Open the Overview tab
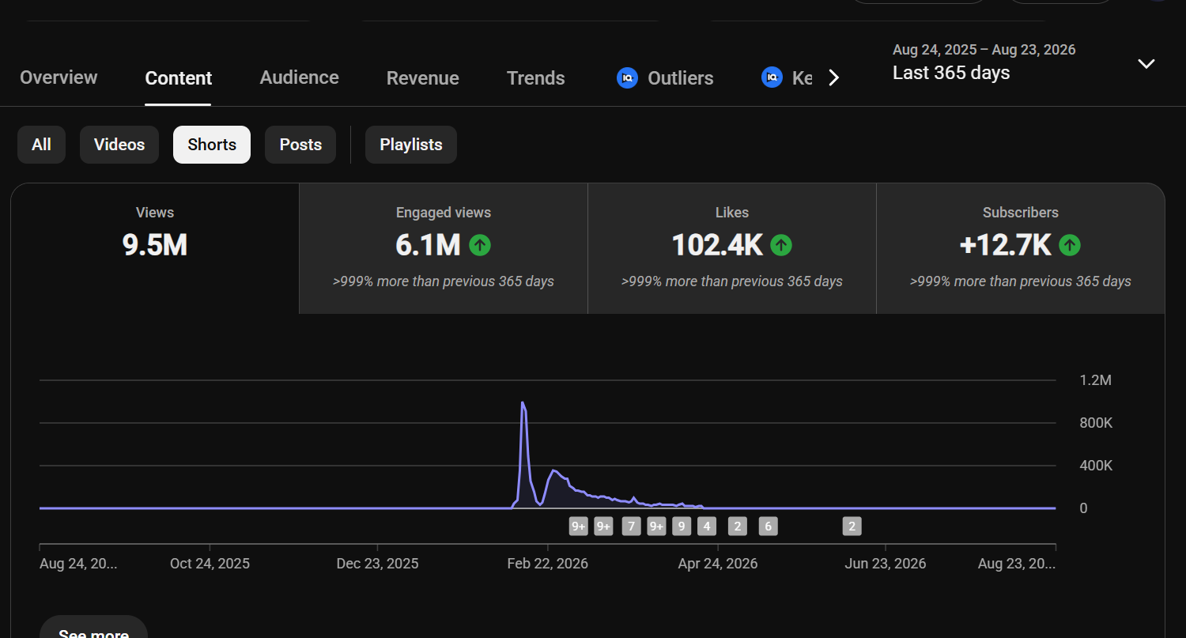59,77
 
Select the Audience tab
299,77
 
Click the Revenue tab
422,77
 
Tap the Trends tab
536,77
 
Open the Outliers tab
665,77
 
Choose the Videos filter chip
119,145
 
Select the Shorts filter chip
212,145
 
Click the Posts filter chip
300,145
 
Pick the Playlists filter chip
411,145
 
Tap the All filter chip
41,145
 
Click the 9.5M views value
155,245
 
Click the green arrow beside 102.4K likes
781,245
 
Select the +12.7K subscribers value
1005,245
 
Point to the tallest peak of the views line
523,402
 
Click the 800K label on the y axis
1095,423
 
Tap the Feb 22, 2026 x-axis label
547,564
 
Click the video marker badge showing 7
631,527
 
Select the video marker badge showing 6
769,527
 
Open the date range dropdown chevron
1146,64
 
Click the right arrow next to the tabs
834,77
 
